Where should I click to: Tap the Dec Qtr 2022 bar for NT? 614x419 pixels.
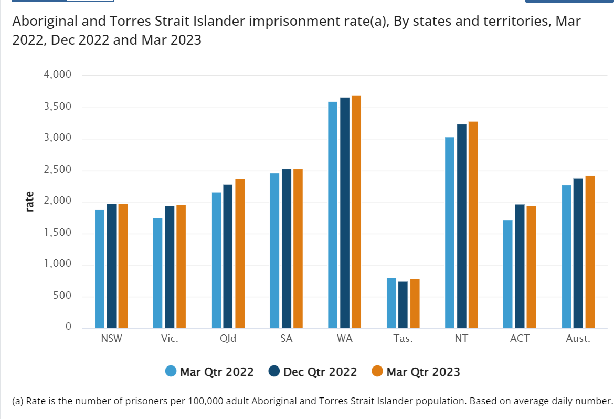coord(461,226)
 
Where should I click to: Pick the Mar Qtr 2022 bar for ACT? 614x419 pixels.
coord(508,274)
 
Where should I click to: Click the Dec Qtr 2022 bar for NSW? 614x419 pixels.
coord(111,266)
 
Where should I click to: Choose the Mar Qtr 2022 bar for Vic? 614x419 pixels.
coord(158,273)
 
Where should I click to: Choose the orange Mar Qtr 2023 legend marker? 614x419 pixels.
coord(377,371)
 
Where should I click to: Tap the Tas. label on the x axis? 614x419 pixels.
coord(403,339)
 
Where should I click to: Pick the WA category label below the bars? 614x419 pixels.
coord(345,339)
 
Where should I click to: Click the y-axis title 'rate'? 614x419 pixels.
coord(30,202)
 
